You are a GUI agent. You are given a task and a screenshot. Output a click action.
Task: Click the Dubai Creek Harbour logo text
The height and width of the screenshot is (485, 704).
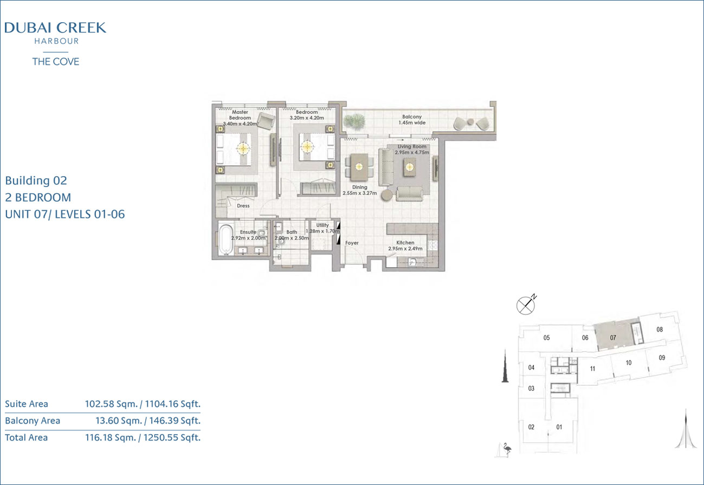click(55, 33)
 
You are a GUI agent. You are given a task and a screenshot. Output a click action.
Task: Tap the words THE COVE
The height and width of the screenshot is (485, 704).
click(56, 62)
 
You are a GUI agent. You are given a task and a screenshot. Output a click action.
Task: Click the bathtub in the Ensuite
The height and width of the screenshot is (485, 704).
click(225, 239)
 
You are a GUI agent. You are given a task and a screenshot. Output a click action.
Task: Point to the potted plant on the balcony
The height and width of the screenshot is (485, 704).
click(354, 121)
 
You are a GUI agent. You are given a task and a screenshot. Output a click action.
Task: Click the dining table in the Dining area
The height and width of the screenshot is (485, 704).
click(359, 167)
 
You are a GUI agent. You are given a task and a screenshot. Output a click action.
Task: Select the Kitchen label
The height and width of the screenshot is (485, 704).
click(405, 243)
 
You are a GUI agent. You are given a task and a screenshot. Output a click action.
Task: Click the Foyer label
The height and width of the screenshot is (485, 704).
click(352, 243)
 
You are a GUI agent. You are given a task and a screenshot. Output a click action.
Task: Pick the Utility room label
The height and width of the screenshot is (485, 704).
click(322, 225)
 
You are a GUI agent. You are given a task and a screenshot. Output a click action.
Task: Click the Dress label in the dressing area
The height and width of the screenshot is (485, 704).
click(243, 206)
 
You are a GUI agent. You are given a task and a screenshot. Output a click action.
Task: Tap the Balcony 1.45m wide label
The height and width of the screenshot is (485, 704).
click(412, 120)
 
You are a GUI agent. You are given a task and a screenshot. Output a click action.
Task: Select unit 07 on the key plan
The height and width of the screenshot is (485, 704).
click(613, 338)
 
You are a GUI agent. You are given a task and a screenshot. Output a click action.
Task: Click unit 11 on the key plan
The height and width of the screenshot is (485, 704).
click(592, 368)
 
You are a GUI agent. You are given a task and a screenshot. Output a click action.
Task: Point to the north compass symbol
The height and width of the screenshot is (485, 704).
click(526, 305)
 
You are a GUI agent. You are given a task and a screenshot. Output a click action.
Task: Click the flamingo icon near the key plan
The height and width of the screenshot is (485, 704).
click(507, 448)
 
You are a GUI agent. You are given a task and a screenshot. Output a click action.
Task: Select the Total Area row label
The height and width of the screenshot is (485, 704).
click(27, 437)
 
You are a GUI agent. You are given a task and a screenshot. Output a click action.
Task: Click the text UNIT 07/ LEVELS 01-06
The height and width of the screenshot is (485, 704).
click(65, 215)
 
